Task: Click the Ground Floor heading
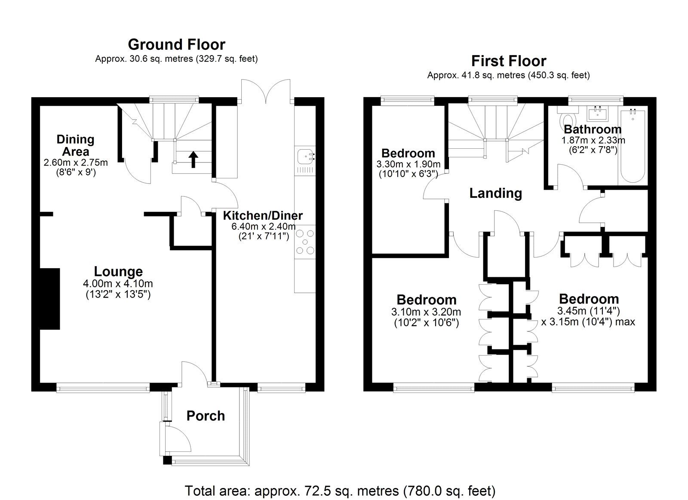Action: coord(176,44)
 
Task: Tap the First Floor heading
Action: coord(508,61)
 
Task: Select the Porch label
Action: coord(206,416)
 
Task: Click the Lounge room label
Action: coord(118,271)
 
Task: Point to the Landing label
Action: coord(495,193)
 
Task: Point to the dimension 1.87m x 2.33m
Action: coord(593,140)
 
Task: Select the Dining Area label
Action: coord(76,145)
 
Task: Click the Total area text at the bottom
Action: coord(340,491)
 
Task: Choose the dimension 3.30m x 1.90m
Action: coord(408,164)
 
